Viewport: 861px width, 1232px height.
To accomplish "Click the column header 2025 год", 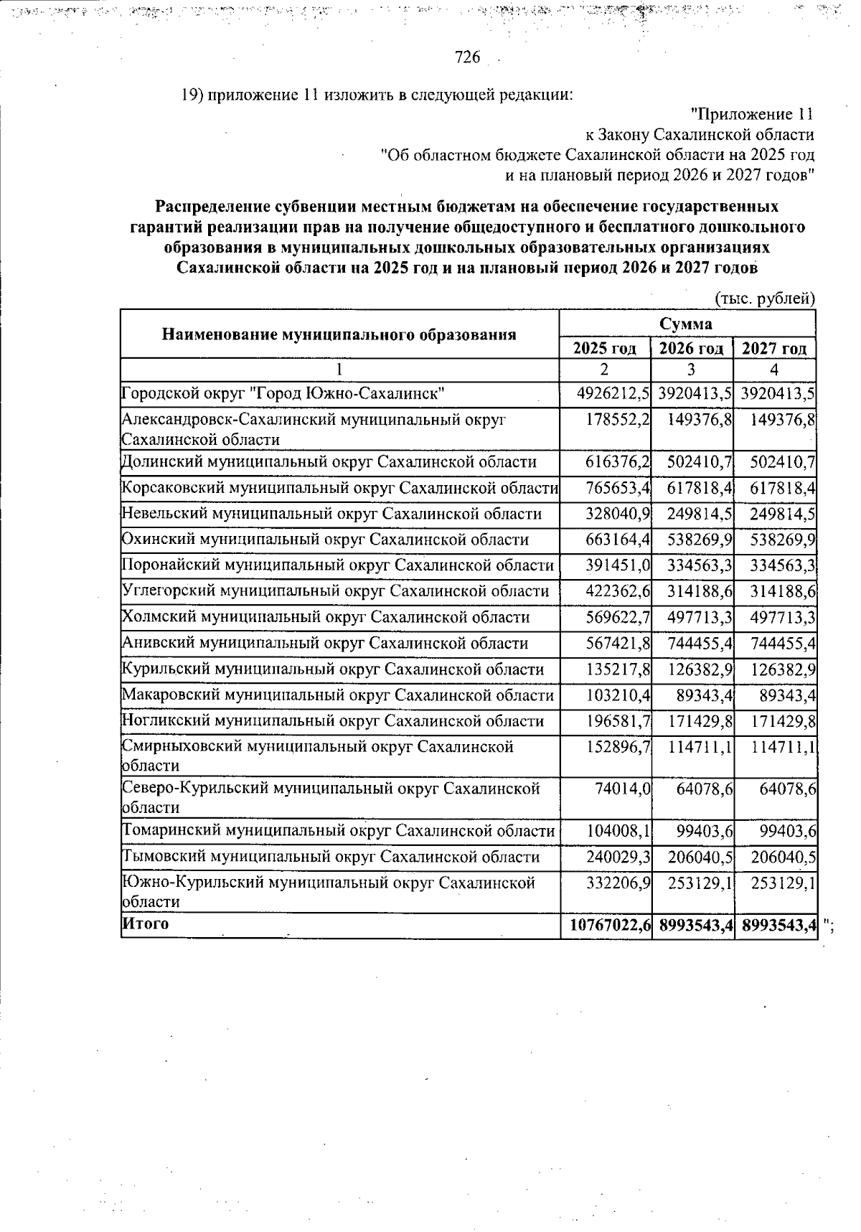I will click(604, 349).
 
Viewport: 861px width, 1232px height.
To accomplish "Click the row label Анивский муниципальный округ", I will click(325, 644).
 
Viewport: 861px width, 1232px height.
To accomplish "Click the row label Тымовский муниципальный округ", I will click(331, 857).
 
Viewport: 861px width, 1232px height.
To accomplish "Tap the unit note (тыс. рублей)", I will click(766, 298).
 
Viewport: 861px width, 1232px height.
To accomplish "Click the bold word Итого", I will click(146, 923).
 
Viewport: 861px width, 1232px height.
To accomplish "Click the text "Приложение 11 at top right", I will click(751, 114).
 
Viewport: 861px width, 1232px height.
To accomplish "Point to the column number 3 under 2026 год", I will click(690, 370).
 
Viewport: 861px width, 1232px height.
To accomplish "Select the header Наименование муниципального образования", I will click(339, 334).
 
